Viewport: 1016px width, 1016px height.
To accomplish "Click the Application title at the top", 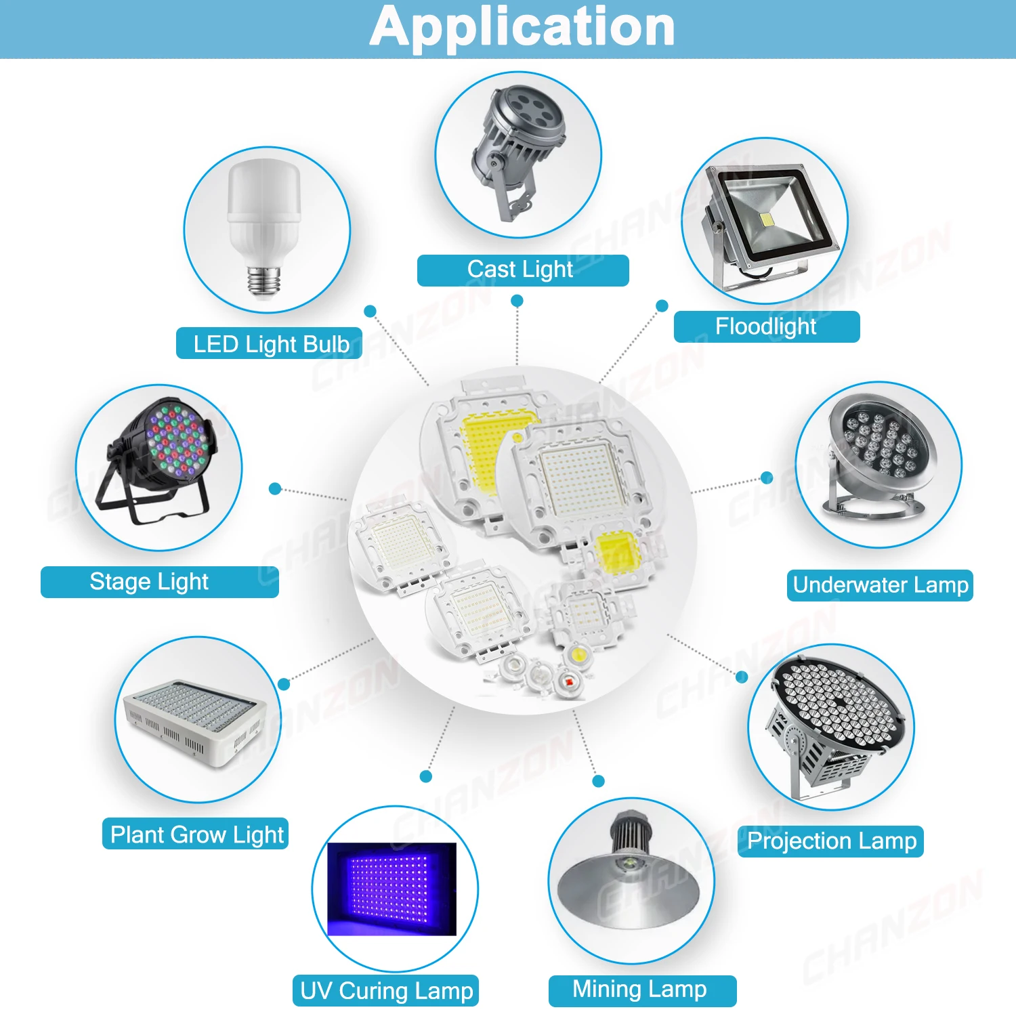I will pyautogui.click(x=522, y=27).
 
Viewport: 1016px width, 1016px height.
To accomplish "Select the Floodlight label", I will pyautogui.click(x=766, y=326).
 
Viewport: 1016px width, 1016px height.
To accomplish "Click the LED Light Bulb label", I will pyautogui.click(x=270, y=344).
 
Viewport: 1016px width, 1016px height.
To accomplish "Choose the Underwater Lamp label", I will pyautogui.click(x=880, y=585).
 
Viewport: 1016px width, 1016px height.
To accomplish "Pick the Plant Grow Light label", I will pyautogui.click(x=196, y=834).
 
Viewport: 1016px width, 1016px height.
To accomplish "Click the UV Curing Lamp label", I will pyautogui.click(x=386, y=991).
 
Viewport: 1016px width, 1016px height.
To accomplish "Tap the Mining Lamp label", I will pyautogui.click(x=641, y=990).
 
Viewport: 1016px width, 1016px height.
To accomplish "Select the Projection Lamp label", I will pyautogui.click(x=831, y=841).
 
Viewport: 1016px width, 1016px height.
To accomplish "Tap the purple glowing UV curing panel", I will pyautogui.click(x=391, y=889).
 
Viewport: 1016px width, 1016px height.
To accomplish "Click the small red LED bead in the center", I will pyautogui.click(x=568, y=680).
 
